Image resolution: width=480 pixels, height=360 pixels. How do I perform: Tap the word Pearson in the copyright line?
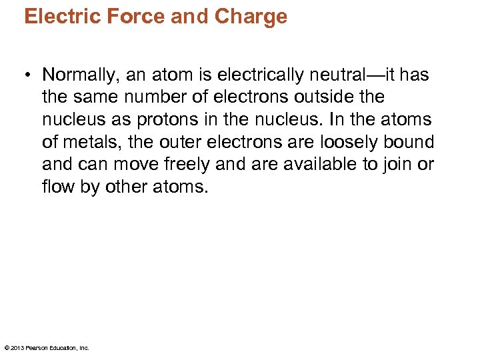pyautogui.click(x=40, y=347)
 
